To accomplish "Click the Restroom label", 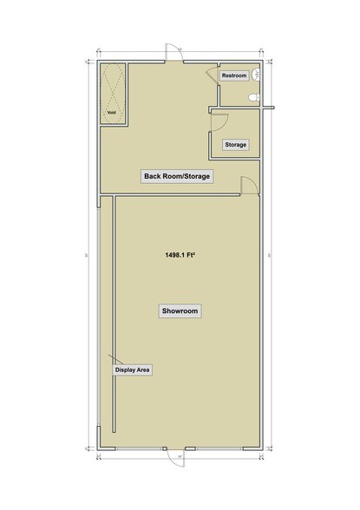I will point(234,76).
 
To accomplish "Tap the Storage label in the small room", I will point(235,144).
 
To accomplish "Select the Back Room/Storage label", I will point(178,177).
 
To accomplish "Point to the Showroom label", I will point(179,310).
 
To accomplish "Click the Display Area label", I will point(134,370).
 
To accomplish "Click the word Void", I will point(111,113).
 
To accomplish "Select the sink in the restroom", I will point(259,75).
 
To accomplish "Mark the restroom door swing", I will point(211,76).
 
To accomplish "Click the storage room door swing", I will point(219,122).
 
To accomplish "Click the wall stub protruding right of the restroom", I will point(270,108).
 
